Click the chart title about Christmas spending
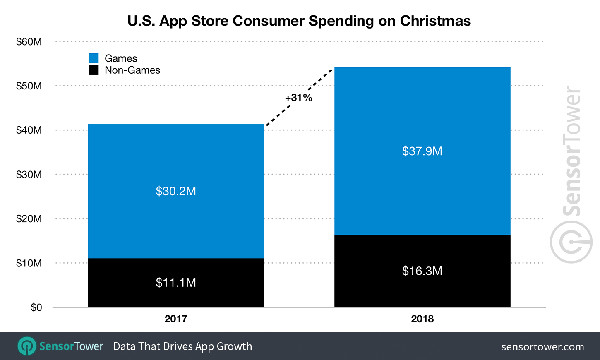299,21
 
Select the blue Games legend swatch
94,58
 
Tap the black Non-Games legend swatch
94,70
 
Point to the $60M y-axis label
29,42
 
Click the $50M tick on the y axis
29,86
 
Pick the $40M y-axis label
29,130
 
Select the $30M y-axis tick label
29,175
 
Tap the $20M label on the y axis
29,219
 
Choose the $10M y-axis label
29,263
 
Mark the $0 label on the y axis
36,307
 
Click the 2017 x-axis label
176,319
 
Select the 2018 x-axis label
422,319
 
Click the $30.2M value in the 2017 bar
176,191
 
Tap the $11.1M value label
176,283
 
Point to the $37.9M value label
422,151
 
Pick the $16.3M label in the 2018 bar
422,271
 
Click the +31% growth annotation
298,98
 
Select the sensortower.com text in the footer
542,347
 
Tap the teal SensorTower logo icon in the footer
27,346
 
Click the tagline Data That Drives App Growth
182,346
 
